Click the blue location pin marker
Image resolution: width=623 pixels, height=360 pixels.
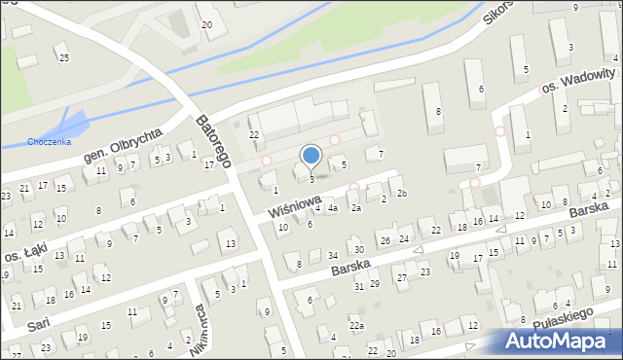(311, 156)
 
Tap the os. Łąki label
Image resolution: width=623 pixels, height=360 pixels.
(20, 255)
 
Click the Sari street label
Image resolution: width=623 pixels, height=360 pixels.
(38, 322)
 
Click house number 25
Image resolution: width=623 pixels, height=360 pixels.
(64, 58)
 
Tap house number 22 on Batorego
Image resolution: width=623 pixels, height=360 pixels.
(254, 134)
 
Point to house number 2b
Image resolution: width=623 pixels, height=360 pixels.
(401, 194)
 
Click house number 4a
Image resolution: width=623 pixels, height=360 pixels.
(332, 208)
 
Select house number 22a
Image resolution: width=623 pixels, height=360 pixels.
(357, 326)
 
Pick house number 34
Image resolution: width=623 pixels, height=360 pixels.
(332, 256)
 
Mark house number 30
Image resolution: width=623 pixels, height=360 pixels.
(358, 250)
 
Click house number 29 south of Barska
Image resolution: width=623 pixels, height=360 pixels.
(374, 283)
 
